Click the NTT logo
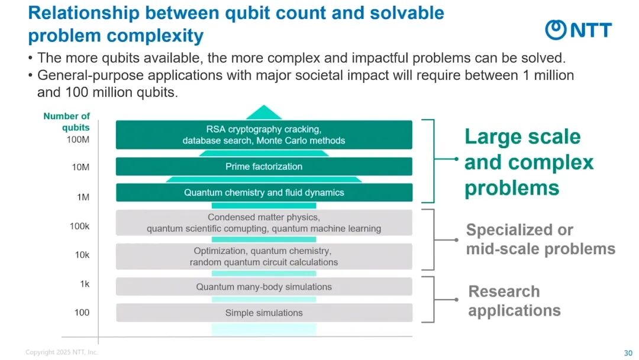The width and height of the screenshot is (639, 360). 578,30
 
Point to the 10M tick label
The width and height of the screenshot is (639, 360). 80,168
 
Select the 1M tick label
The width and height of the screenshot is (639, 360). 83,197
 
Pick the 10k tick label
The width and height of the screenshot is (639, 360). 81,255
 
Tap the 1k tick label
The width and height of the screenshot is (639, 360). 85,284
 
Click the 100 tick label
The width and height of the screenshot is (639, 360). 82,312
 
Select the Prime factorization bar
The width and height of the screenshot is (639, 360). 264,166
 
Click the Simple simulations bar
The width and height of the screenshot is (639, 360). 264,313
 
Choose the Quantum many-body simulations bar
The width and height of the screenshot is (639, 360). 264,287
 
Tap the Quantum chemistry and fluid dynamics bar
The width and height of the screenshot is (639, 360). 264,192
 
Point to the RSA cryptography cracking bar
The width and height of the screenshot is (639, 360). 264,134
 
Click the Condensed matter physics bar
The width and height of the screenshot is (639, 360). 264,223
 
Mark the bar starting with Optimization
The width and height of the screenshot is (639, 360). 264,256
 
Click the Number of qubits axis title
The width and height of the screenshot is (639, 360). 67,121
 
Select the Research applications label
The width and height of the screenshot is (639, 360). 514,301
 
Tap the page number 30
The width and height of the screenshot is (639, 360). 628,353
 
